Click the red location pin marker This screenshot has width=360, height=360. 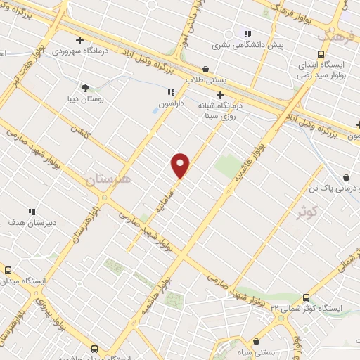pyautogui.click(x=181, y=165)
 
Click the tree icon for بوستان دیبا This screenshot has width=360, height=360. pyautogui.click(x=86, y=89)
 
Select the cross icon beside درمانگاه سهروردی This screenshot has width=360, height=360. pyautogui.click(x=80, y=40)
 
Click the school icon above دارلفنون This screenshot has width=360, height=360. pyautogui.click(x=170, y=92)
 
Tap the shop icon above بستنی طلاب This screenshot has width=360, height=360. pyautogui.click(x=205, y=69)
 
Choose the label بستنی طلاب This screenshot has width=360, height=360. pyautogui.click(x=204, y=80)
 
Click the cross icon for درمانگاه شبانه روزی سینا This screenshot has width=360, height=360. pyautogui.click(x=220, y=95)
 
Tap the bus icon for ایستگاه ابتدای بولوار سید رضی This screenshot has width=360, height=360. pyautogui.click(x=321, y=54)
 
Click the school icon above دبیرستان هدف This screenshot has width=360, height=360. pyautogui.click(x=32, y=212)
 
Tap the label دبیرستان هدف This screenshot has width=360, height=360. pyautogui.click(x=32, y=224)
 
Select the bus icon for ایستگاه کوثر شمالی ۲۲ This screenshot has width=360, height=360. pyautogui.click(x=305, y=297)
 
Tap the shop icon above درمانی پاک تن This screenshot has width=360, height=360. pyautogui.click(x=346, y=179)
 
